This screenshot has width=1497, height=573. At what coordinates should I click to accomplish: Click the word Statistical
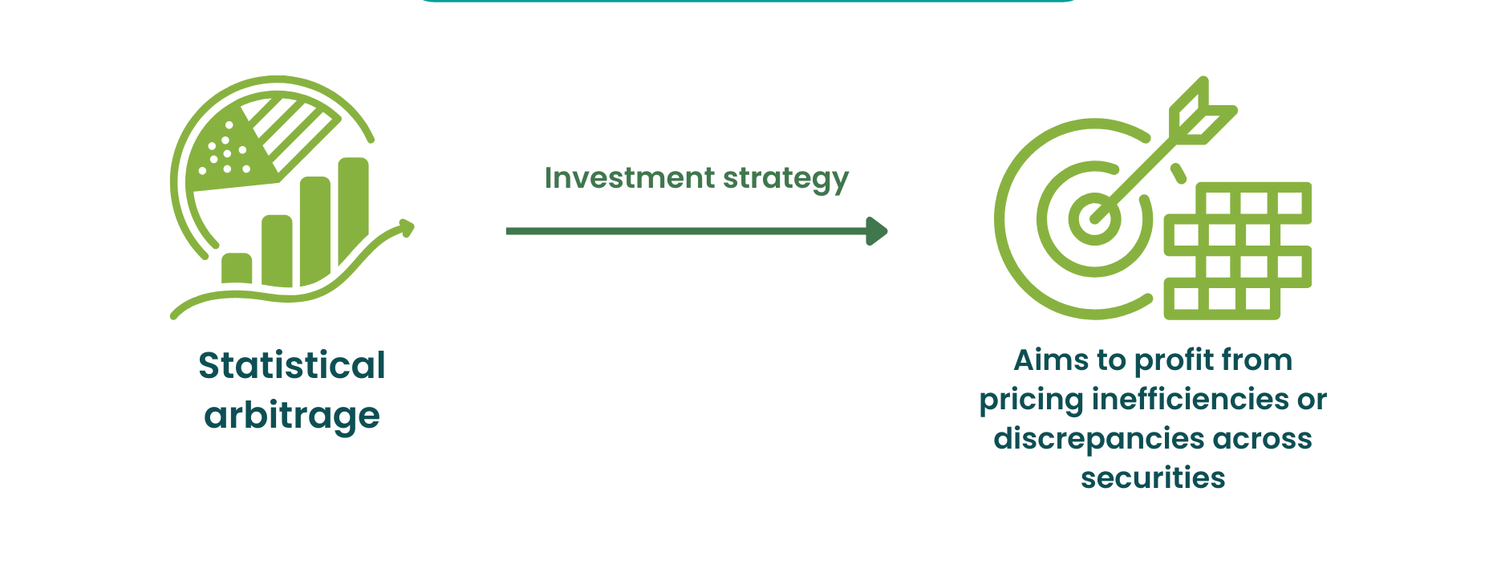[x=292, y=365]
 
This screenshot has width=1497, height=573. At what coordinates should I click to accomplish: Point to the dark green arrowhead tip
[x=887, y=231]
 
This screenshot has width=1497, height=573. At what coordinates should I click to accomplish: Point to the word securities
[x=1153, y=477]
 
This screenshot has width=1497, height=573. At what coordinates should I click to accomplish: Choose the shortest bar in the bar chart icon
[x=237, y=268]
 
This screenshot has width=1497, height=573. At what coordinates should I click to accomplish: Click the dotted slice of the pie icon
[x=228, y=152]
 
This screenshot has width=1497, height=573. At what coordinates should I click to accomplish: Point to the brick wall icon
[x=1238, y=251]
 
